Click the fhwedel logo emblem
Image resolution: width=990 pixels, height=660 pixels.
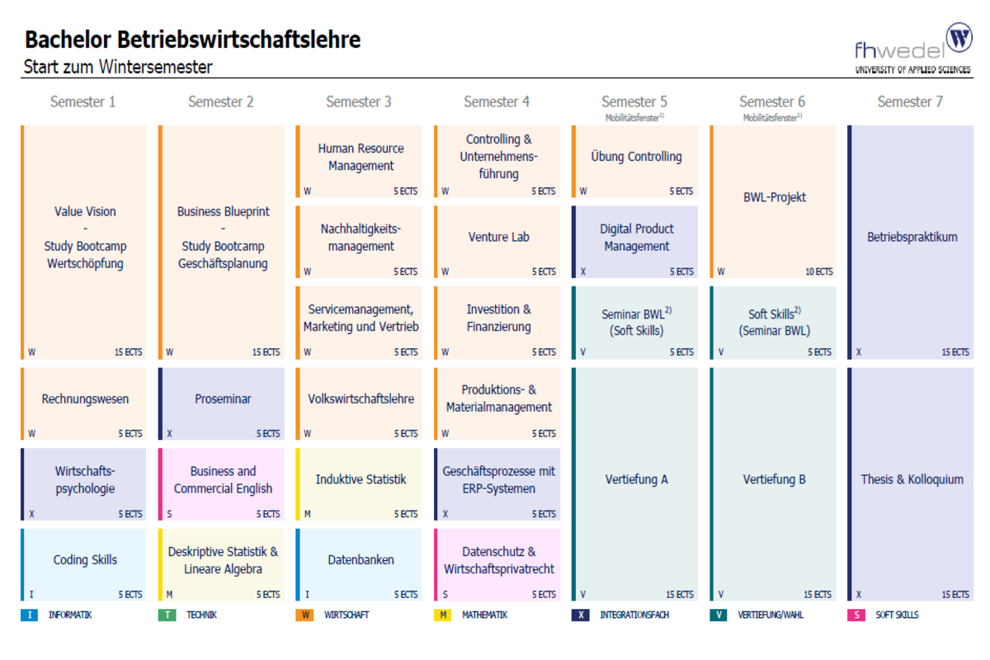[x=959, y=38]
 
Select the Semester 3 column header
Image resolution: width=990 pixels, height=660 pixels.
[x=359, y=102]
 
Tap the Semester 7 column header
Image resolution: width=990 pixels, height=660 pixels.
[x=910, y=102]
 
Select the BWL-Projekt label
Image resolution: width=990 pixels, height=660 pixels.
[x=774, y=198]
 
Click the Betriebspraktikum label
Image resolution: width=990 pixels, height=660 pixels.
[x=912, y=238]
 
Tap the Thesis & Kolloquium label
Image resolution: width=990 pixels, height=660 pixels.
[x=912, y=479]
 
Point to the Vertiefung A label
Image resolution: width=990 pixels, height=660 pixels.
[x=636, y=479]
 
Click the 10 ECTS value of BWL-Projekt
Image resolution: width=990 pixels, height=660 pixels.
[x=818, y=271]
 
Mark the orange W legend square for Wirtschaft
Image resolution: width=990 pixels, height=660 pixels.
[x=304, y=615]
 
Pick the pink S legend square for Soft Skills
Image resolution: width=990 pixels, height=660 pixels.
[x=856, y=615]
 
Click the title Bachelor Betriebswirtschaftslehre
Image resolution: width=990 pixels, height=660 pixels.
[x=192, y=40]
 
